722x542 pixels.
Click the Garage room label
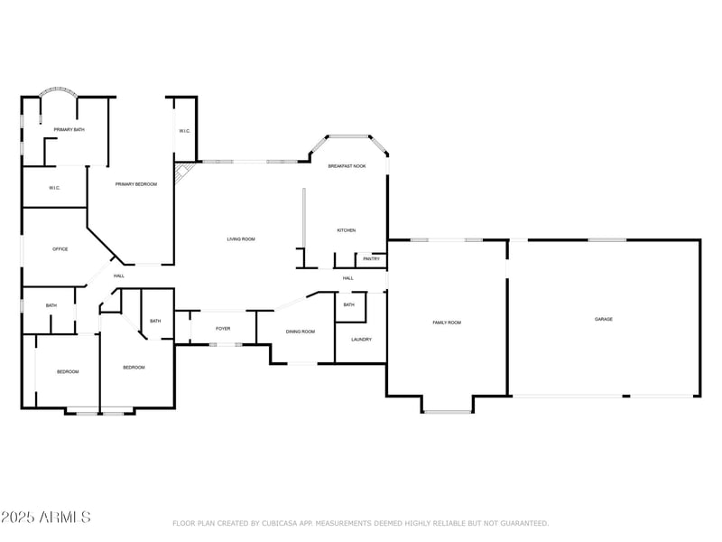603,319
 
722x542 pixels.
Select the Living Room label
240,238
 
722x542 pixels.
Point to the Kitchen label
346,230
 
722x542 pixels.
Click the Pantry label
371,259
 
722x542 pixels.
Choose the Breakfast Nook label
347,166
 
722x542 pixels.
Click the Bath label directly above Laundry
348,305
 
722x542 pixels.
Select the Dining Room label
300,332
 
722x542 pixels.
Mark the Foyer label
223,328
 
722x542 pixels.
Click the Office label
60,249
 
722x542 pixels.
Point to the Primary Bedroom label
135,184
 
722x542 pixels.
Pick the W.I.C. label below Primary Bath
53,188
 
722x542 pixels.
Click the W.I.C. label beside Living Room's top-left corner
184,131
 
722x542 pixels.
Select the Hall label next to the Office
118,276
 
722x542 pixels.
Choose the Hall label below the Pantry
347,278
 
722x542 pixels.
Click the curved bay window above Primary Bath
59,92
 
